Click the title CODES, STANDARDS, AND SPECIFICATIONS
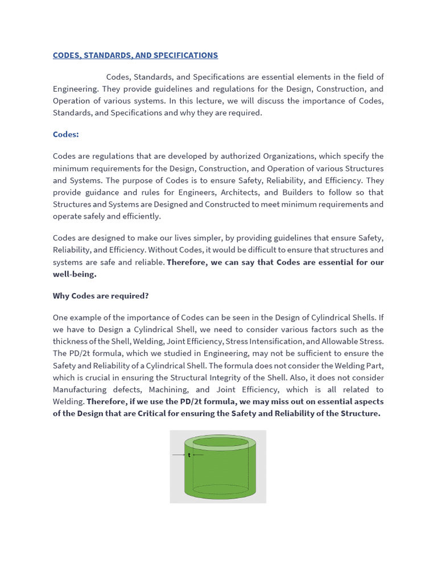[x=135, y=55]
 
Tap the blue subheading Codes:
[x=66, y=134]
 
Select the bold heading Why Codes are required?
[x=101, y=295]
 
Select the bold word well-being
[x=75, y=274]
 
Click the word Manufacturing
[x=80, y=389]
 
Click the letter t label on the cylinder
[x=189, y=455]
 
